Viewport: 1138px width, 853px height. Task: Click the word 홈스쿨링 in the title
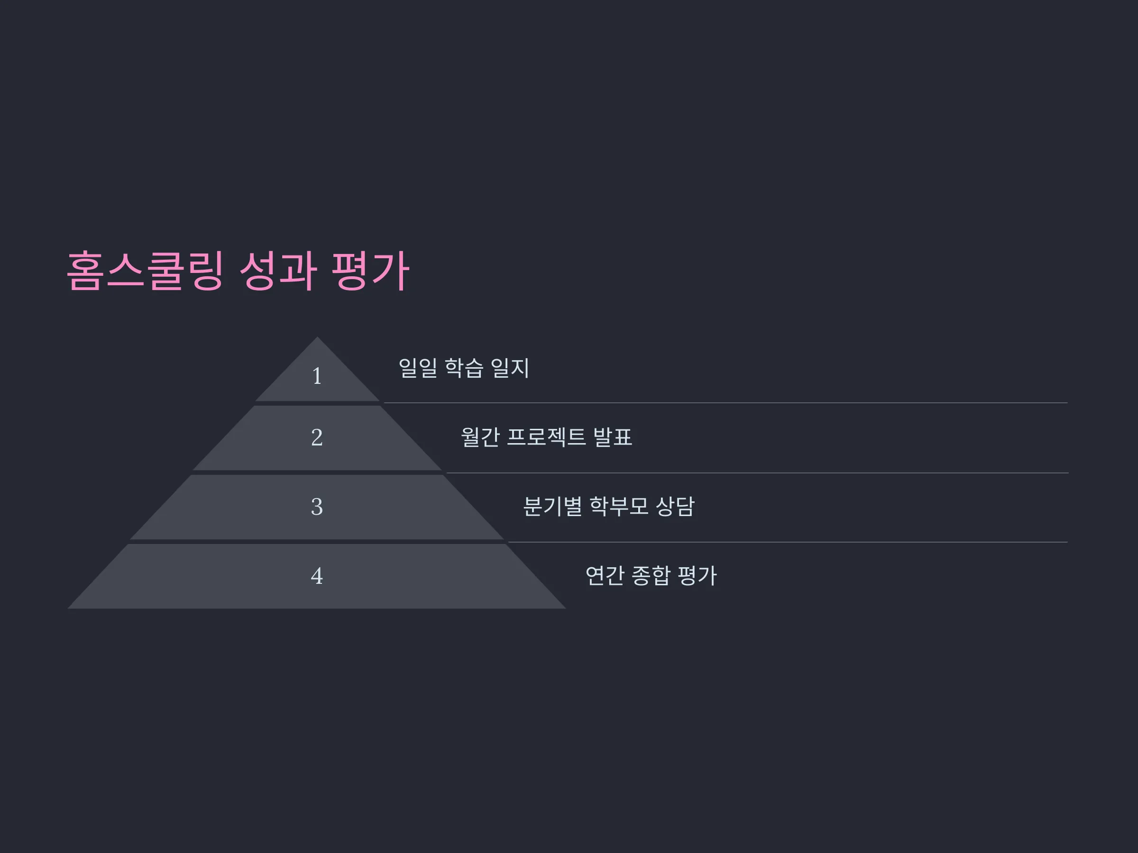coord(146,271)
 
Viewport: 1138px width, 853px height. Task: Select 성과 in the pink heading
coord(278,271)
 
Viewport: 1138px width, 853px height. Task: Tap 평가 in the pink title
coord(370,271)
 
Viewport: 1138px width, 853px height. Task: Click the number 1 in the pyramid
coord(317,376)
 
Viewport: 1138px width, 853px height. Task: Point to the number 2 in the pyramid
coord(317,437)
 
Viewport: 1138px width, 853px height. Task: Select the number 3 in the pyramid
coord(317,507)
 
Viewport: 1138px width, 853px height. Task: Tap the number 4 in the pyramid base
coord(317,575)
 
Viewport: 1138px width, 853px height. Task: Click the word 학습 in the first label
coord(464,368)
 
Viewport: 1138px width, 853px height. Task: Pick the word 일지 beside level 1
coord(510,368)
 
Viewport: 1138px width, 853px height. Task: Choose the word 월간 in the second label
coord(480,437)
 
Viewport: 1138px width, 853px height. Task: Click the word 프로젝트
coord(546,437)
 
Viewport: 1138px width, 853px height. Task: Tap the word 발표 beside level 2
coord(613,437)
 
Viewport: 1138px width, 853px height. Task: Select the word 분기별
coord(552,507)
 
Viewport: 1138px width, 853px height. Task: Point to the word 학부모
coord(619,507)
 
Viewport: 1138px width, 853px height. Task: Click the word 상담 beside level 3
coord(675,507)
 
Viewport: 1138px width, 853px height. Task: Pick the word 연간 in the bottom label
coord(605,575)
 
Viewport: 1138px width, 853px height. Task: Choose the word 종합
coord(652,575)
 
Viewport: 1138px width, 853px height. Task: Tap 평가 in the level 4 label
coord(697,575)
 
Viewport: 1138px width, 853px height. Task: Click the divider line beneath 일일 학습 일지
coord(726,403)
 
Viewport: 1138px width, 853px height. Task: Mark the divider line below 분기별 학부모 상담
coord(788,542)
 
